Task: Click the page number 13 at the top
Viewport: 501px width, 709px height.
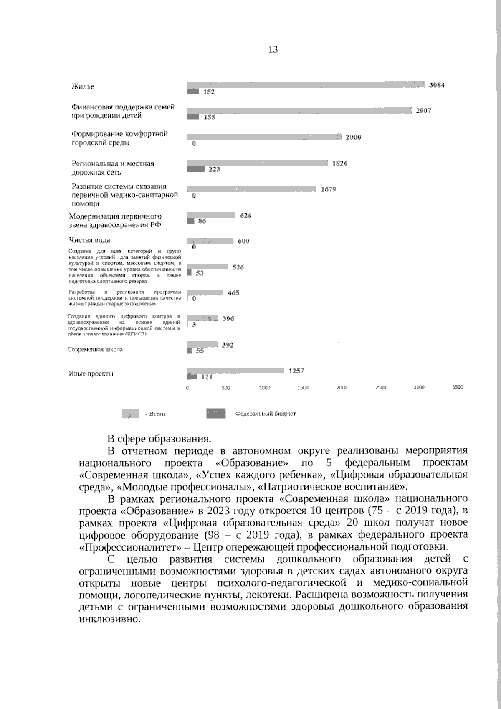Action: [273, 50]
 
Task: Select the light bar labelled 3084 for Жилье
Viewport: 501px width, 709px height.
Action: [306, 85]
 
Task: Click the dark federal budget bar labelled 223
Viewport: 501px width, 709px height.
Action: [195, 169]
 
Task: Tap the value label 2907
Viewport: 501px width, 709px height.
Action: [423, 111]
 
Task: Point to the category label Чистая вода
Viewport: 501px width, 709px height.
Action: [89, 240]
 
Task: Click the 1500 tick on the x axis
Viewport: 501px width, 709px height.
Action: [303, 388]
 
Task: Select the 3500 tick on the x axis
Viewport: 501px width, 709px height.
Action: [458, 387]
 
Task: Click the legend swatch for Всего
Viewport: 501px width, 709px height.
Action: [130, 414]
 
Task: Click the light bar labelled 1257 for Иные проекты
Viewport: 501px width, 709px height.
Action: [235, 371]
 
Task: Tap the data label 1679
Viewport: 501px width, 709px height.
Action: [328, 189]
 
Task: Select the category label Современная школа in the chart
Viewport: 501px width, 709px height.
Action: [95, 350]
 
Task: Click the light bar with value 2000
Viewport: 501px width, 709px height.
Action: [264, 137]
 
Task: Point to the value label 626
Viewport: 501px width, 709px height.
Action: [246, 216]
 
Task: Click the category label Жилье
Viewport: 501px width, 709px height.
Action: [83, 86]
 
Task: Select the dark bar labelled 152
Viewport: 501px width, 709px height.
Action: [193, 91]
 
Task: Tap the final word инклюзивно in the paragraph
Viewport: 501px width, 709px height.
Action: [109, 619]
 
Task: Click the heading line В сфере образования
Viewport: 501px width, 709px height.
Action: [159, 439]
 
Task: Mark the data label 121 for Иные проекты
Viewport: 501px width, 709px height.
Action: [207, 377]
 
